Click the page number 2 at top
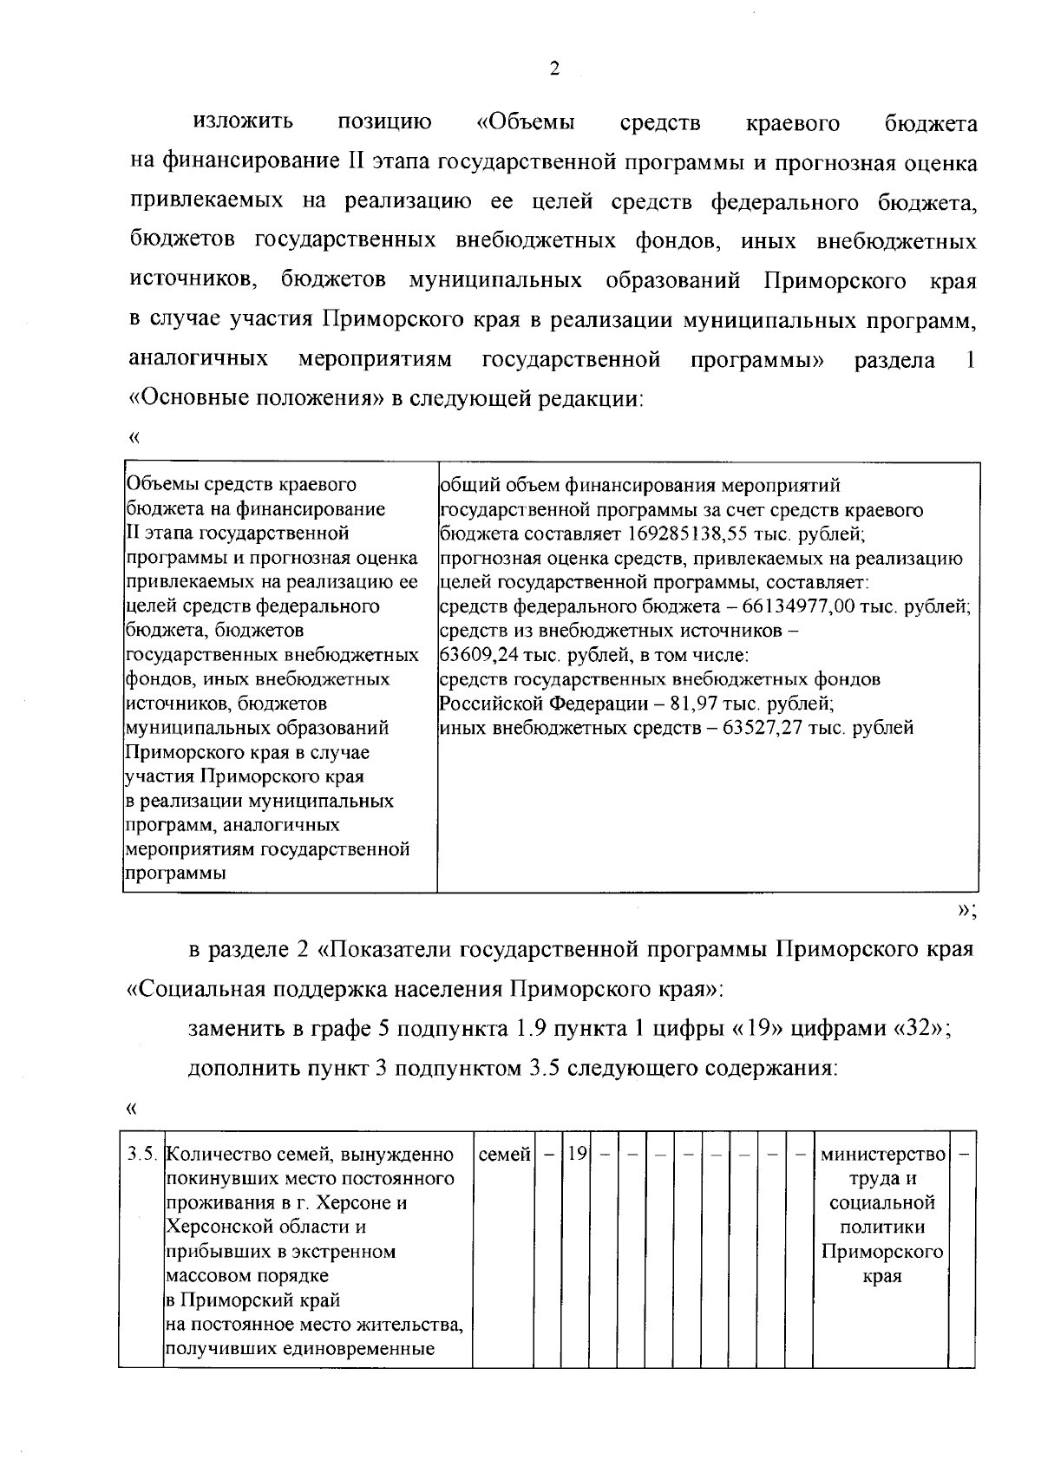coord(554,70)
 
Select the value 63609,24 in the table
coord(479,655)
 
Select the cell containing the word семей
coord(503,1155)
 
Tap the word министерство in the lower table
coord(881,1155)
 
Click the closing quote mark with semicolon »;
coord(966,909)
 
